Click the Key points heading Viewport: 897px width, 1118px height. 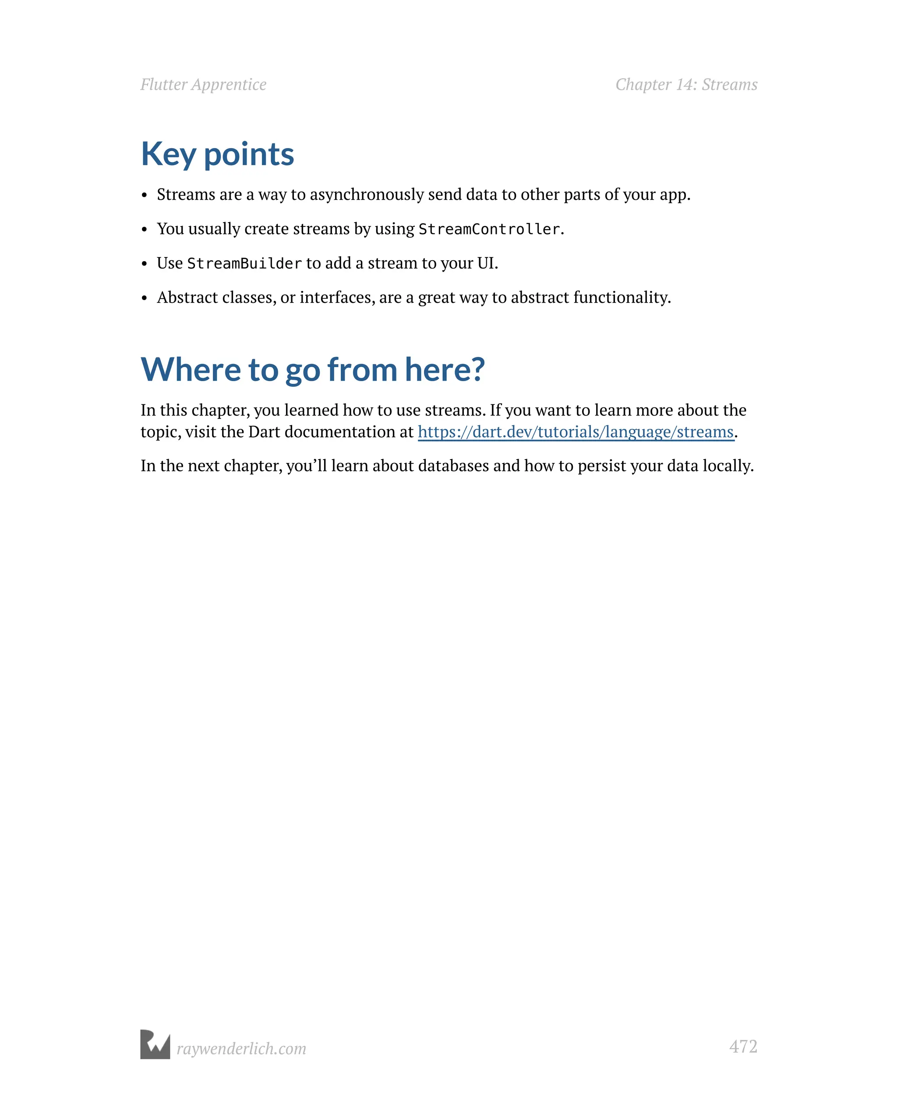(x=217, y=154)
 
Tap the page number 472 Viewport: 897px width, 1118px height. (x=742, y=1046)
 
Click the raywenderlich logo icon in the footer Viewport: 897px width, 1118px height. (x=155, y=1044)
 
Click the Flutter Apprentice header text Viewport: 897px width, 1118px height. (x=203, y=85)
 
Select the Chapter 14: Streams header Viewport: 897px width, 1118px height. (x=686, y=85)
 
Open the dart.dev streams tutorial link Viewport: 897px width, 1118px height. (x=576, y=432)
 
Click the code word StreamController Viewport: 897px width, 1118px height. (x=489, y=229)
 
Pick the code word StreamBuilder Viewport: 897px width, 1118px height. (x=244, y=263)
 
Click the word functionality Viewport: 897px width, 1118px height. (x=622, y=297)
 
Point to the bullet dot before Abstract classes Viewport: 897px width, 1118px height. (x=145, y=299)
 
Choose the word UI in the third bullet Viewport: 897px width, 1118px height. (x=485, y=263)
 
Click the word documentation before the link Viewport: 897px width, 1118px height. (x=339, y=432)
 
